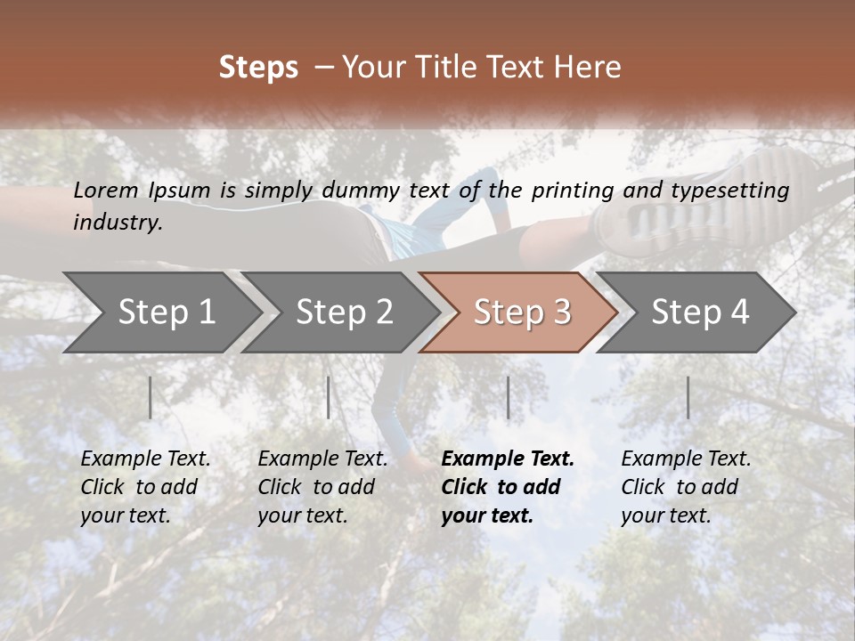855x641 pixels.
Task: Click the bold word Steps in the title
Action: [x=258, y=68]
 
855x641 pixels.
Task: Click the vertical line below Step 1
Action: [x=151, y=397]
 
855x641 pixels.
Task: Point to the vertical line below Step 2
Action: [x=329, y=397]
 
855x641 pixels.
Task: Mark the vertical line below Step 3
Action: [x=509, y=397]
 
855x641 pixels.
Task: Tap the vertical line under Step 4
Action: [x=688, y=397]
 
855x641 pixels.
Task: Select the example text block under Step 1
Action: [x=145, y=487]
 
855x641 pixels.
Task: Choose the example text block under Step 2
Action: [x=322, y=487]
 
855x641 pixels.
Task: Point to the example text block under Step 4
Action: [x=686, y=487]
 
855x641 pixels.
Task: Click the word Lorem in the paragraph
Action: [x=106, y=190]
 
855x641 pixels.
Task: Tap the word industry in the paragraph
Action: [x=118, y=222]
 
